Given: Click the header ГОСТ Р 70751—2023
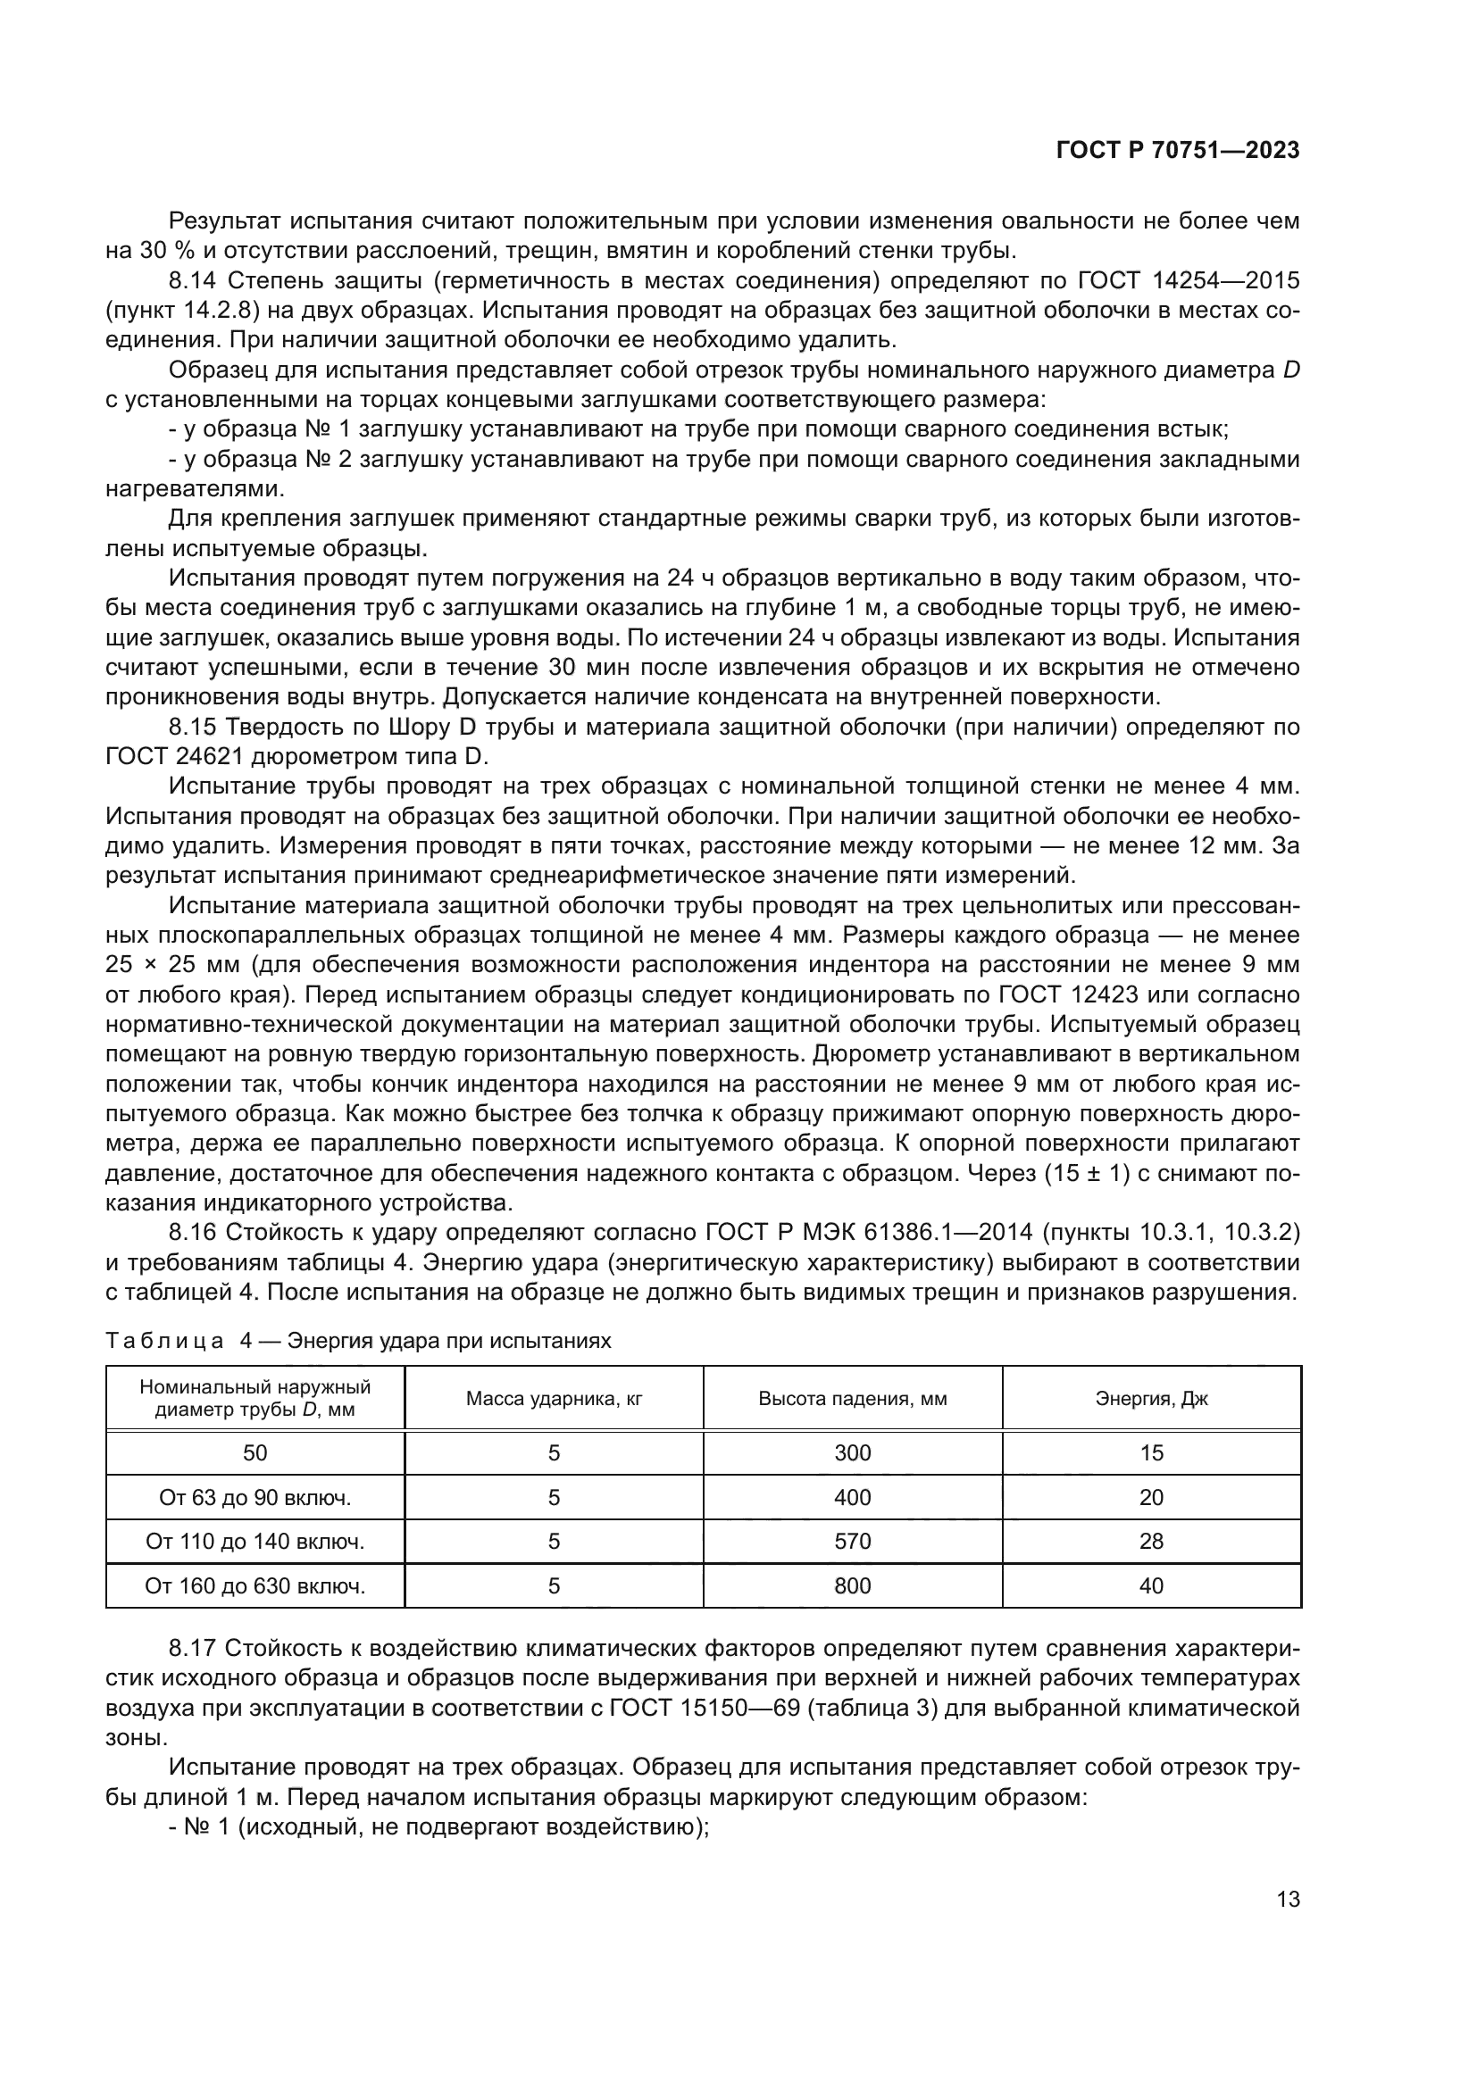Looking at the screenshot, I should tap(1178, 151).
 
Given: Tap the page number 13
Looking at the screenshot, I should tap(1288, 1899).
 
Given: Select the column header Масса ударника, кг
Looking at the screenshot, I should tap(554, 1399).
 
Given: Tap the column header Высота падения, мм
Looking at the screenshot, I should tap(852, 1399).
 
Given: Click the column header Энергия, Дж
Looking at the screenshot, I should tap(1151, 1399).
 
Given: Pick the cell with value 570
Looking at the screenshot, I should tap(852, 1542).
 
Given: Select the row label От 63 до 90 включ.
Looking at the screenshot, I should tap(255, 1498).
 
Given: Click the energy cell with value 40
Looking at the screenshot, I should tap(1151, 1586).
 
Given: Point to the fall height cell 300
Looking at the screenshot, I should tap(852, 1453).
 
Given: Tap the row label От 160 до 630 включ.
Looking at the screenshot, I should tap(255, 1586).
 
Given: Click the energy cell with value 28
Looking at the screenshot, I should tap(1151, 1542).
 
